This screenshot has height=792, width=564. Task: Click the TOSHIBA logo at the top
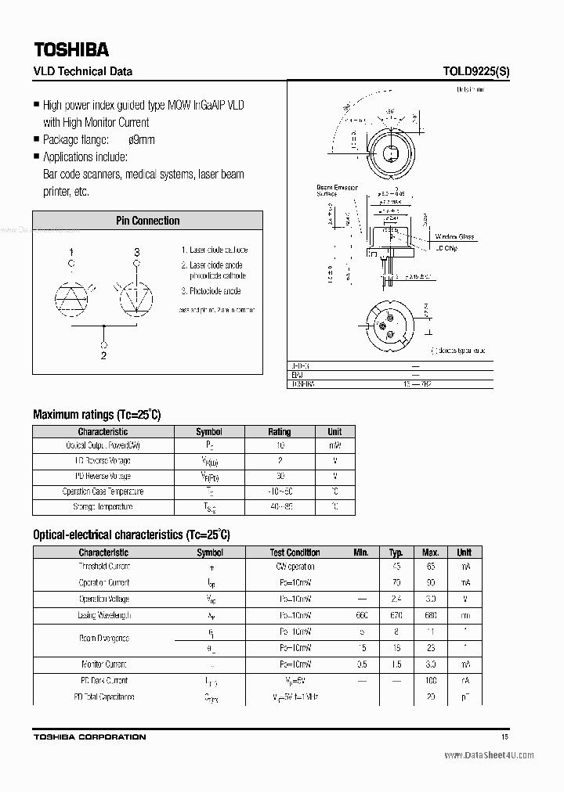[70, 49]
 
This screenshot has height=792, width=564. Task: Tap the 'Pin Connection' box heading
[148, 221]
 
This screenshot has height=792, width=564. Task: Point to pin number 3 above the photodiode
[137, 252]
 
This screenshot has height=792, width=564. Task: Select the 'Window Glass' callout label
[454, 236]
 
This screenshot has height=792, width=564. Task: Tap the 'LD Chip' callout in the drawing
[446, 248]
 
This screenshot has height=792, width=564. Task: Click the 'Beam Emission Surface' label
[336, 190]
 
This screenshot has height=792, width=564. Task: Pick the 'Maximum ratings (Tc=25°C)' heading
[96, 415]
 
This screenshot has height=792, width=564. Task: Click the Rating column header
[279, 431]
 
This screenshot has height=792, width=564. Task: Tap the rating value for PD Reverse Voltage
[280, 477]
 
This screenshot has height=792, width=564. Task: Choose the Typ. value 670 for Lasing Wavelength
[397, 616]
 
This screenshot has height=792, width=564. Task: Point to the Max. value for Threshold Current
[430, 567]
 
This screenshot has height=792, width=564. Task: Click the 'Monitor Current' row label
[103, 664]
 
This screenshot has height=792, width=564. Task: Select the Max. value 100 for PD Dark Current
[430, 681]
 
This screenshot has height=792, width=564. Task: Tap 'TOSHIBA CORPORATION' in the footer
[89, 737]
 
